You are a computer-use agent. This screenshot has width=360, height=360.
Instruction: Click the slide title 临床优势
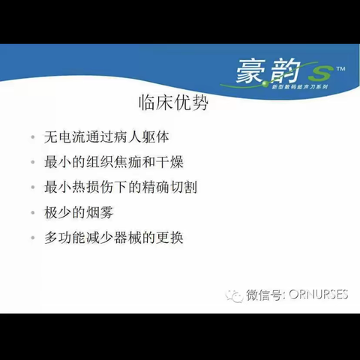(173, 103)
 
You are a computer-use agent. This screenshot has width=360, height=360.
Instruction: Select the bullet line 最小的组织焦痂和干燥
(112, 162)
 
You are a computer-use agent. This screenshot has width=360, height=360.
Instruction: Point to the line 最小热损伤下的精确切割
(121, 187)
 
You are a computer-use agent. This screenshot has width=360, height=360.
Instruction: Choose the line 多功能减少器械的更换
(113, 237)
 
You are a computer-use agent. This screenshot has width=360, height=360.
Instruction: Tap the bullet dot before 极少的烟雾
(32, 212)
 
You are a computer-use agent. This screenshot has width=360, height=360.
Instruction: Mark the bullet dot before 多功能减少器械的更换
(32, 238)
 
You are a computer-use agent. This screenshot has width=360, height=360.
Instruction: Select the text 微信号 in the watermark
(263, 295)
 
